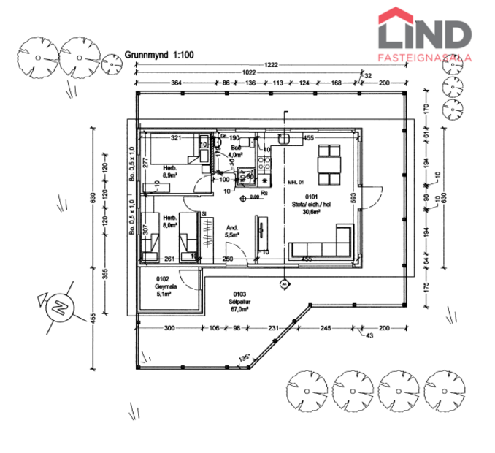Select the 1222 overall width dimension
click(272, 65)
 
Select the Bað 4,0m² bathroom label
click(235, 151)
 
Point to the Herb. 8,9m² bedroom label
click(171, 172)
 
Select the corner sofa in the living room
click(325, 245)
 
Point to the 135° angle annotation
click(244, 358)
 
